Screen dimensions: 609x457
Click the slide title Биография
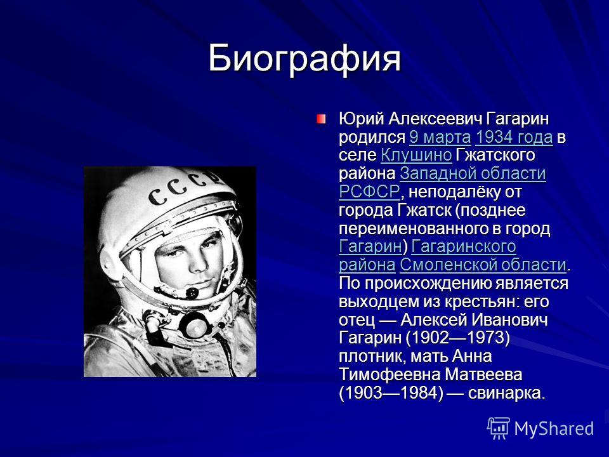pos(304,58)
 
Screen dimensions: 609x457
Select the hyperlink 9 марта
pos(440,137)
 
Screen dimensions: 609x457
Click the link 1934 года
pos(514,137)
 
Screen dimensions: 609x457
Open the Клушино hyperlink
pos(416,155)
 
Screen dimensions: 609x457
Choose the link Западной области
pos(473,173)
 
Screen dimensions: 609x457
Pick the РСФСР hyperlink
pos(369,192)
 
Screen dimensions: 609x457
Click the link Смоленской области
pos(483,265)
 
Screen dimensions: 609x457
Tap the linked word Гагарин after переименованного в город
pos(370,246)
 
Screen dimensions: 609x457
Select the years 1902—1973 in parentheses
pos(457,338)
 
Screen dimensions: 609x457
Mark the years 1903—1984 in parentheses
pos(391,393)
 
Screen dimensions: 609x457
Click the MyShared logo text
pos(554,428)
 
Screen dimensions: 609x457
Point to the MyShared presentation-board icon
pos(499,428)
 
